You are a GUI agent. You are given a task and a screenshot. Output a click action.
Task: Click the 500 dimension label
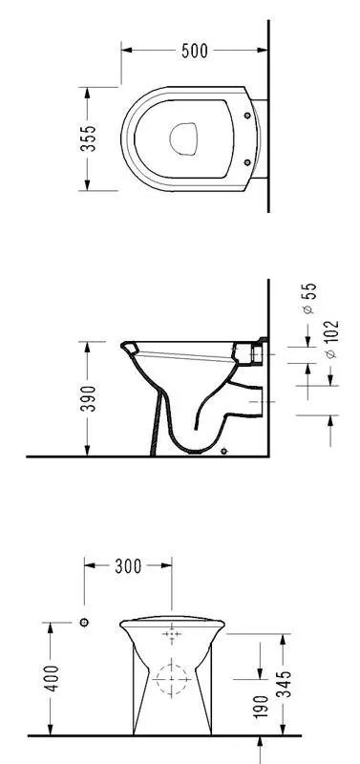tap(195, 51)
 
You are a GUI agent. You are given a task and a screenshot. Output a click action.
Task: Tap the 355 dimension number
tap(88, 138)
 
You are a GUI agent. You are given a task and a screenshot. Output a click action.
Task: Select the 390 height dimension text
tap(88, 398)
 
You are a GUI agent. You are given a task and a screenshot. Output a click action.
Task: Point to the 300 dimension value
tap(128, 566)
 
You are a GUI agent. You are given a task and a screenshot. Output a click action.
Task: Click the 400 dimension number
tap(52, 678)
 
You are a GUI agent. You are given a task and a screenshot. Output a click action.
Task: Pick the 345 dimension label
tap(284, 684)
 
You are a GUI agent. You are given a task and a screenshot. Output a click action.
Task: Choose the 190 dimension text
tap(261, 707)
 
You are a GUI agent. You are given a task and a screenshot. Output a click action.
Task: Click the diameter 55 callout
tap(309, 298)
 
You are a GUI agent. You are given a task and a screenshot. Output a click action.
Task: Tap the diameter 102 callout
tap(330, 339)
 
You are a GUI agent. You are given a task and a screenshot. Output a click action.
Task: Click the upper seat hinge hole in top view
tap(247, 116)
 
